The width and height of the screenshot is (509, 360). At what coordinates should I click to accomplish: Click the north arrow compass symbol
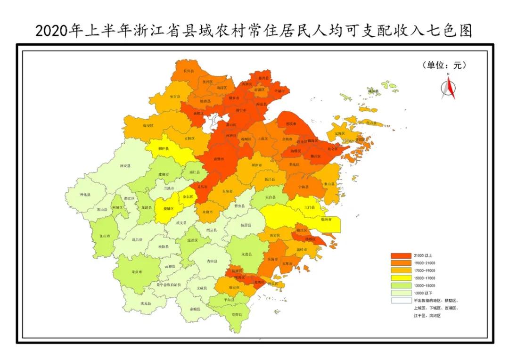click(449, 87)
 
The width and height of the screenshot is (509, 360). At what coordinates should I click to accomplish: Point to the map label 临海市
click(320, 220)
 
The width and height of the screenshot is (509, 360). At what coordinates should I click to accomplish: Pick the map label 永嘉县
click(246, 254)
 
